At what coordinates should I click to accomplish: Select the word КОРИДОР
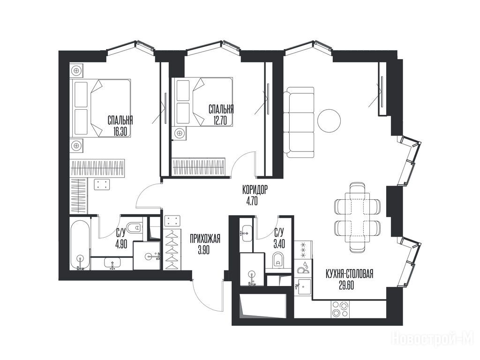point(255,190)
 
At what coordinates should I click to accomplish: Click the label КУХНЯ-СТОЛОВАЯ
point(350,274)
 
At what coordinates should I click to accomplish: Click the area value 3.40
point(279,245)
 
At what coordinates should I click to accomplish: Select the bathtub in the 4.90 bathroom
point(80,244)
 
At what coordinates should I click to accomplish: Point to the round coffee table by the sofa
point(329,121)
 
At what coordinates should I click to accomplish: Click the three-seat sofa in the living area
point(299,122)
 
